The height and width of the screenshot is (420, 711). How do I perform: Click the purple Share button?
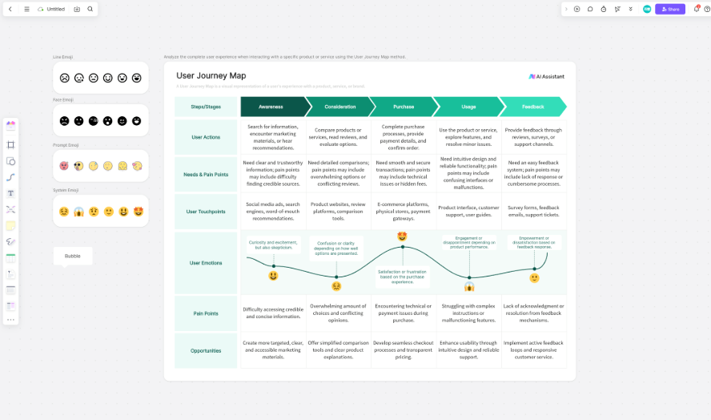[669, 9]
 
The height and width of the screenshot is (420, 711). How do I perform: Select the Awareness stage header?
[271, 107]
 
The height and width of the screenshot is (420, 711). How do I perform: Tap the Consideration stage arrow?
[340, 107]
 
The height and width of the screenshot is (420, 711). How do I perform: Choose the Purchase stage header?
[404, 107]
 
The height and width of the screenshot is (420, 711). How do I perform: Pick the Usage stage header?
[468, 107]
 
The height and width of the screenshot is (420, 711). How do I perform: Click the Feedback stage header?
[532, 107]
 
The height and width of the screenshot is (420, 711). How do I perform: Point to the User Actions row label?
[206, 137]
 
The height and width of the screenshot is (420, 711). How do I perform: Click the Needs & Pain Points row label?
[206, 174]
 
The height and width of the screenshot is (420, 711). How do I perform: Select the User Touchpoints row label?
[206, 212]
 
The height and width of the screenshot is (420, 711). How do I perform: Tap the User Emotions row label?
[206, 263]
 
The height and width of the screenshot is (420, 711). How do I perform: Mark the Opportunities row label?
[206, 351]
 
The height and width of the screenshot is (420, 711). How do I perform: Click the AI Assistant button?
[547, 76]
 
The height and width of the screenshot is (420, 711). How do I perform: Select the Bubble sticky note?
[73, 256]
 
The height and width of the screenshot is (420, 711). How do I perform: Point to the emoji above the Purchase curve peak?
[402, 236]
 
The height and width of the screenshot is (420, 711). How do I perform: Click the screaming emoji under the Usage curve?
[469, 286]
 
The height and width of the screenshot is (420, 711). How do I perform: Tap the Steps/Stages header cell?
[206, 107]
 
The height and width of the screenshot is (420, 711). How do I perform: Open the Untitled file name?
[55, 9]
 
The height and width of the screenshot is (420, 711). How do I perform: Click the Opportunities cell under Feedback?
[534, 351]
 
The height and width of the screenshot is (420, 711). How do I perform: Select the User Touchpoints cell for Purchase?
[404, 212]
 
